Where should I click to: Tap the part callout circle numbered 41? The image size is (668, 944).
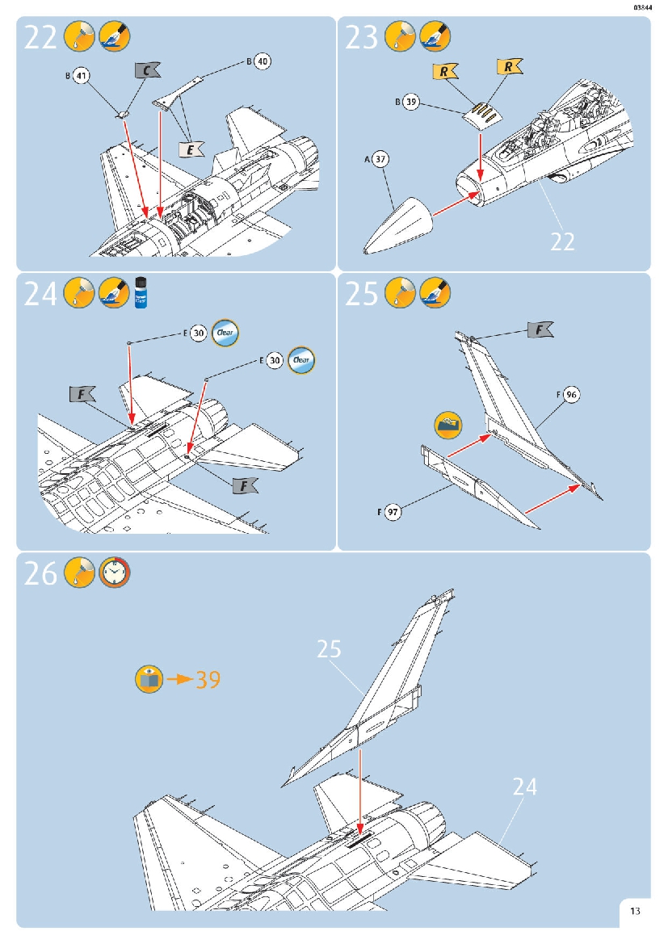[81, 76]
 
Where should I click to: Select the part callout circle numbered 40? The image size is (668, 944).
[262, 61]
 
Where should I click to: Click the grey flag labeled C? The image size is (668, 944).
[146, 71]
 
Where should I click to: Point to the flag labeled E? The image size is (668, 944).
[191, 149]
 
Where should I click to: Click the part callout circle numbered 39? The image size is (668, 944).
[411, 103]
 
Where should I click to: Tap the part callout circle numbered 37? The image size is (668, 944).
[380, 160]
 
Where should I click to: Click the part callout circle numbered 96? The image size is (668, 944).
[571, 395]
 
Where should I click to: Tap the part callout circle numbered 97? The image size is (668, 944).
[393, 512]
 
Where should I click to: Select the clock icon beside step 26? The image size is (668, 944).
[115, 573]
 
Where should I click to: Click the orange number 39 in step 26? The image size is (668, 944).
[208, 680]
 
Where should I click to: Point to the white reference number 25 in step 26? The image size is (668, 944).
[329, 649]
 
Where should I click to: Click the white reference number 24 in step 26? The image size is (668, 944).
[524, 786]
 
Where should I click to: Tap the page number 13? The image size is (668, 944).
[636, 912]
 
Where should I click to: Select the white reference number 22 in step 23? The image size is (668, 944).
[563, 241]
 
